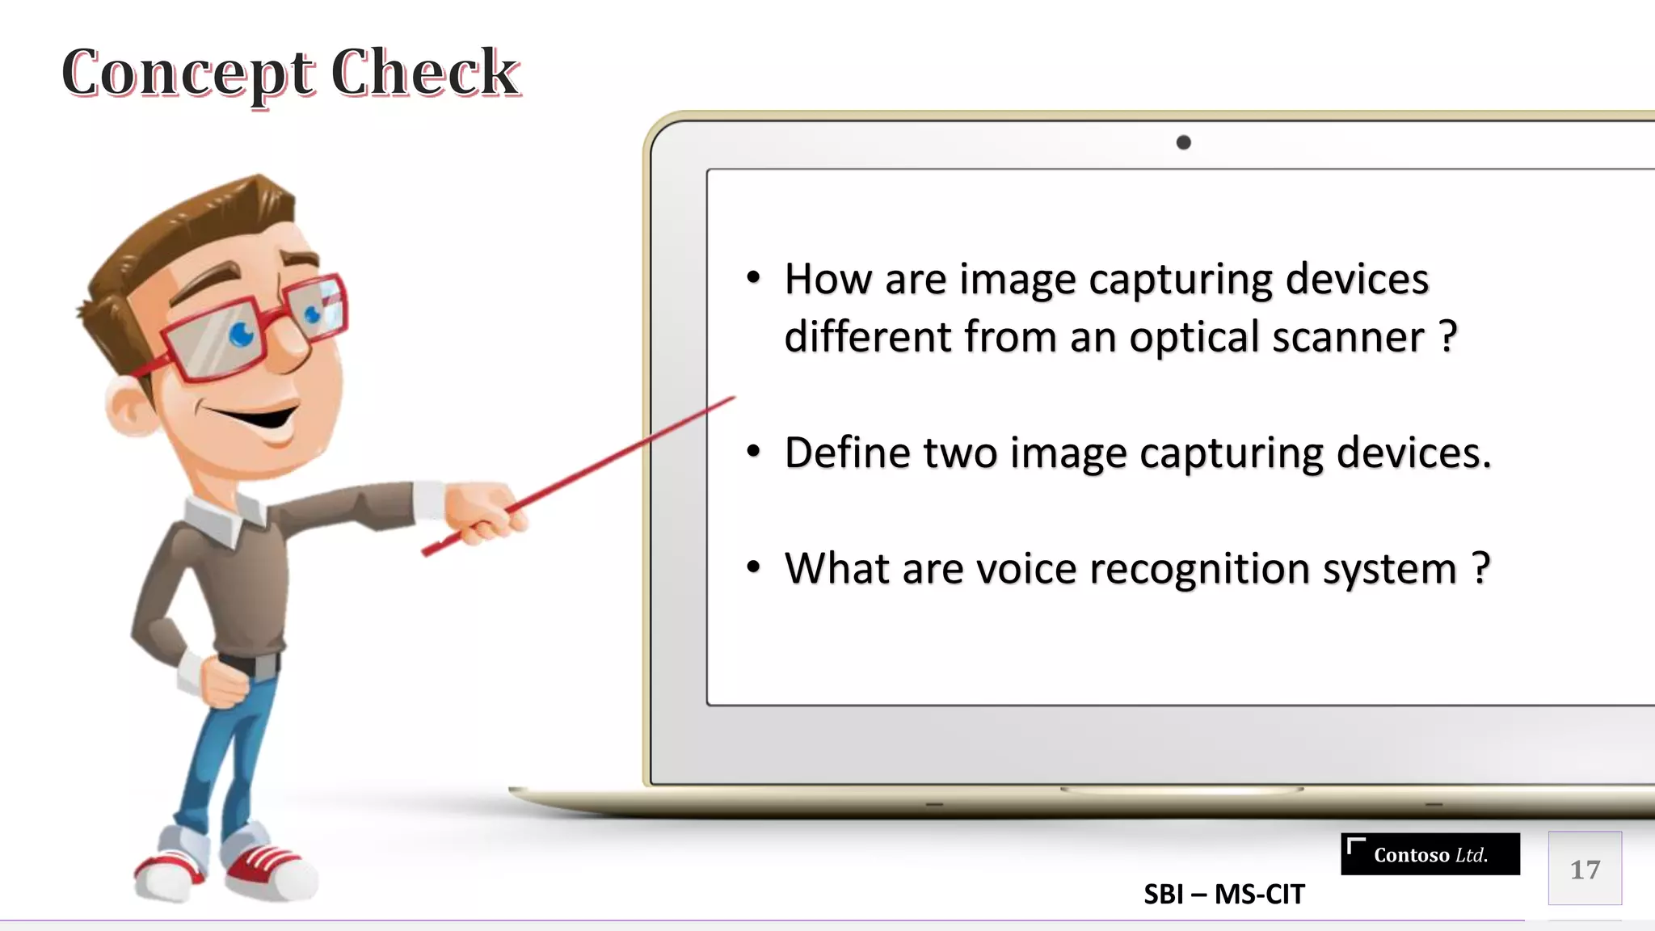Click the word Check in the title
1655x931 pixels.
pyautogui.click(x=425, y=74)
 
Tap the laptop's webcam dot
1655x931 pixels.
pyautogui.click(x=1183, y=143)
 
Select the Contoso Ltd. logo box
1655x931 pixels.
pyautogui.click(x=1430, y=854)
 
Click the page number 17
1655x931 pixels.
pyautogui.click(x=1585, y=869)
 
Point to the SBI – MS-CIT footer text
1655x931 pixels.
pyautogui.click(x=1223, y=895)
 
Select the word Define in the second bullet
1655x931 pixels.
pyautogui.click(x=847, y=453)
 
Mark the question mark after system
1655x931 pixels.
pyautogui.click(x=1480, y=567)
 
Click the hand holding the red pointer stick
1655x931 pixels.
pyautogui.click(x=483, y=510)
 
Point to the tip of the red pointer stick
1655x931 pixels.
pyautogui.click(x=732, y=398)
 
